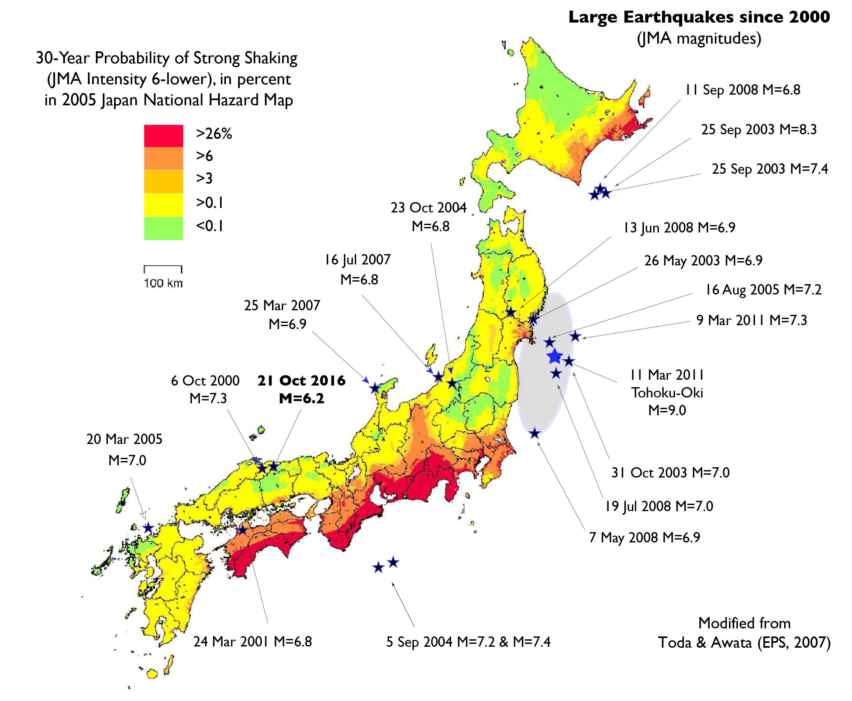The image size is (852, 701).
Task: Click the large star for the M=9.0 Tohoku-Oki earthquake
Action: click(554, 356)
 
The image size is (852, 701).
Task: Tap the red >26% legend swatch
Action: click(163, 136)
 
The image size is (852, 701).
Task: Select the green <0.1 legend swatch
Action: click(163, 229)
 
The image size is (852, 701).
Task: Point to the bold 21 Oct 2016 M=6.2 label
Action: click(301, 389)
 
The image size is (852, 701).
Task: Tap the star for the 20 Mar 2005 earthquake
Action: click(148, 527)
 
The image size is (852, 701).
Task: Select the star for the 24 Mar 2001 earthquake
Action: click(242, 530)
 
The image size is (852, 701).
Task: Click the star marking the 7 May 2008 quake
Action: click(534, 433)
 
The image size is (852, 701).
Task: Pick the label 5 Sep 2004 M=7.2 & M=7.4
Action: click(468, 642)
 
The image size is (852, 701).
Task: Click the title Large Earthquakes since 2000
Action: click(699, 17)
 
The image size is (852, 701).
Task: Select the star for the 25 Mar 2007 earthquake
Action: click(375, 388)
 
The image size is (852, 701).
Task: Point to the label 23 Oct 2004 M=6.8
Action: click(429, 217)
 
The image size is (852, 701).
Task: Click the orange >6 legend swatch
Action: click(163, 158)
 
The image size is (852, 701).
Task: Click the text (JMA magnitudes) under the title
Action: click(699, 39)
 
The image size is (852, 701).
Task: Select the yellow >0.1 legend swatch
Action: click(163, 205)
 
